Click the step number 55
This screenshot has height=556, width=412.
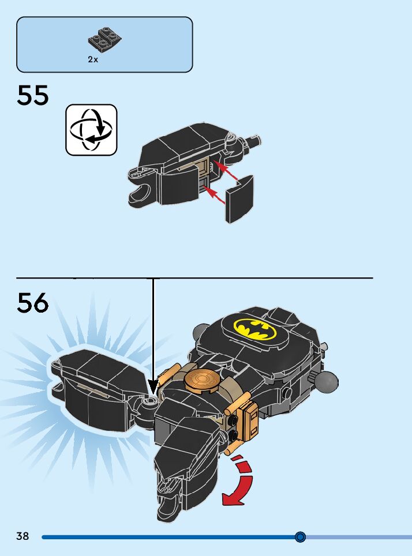[33, 95]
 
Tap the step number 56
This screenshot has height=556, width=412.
[33, 303]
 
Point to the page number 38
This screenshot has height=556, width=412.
[23, 536]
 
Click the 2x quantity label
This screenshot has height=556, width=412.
[93, 59]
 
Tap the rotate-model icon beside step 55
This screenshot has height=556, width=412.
[91, 130]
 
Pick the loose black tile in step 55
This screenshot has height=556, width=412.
[240, 198]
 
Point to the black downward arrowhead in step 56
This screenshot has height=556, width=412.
[153, 385]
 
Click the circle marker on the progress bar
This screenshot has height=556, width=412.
[300, 537]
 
